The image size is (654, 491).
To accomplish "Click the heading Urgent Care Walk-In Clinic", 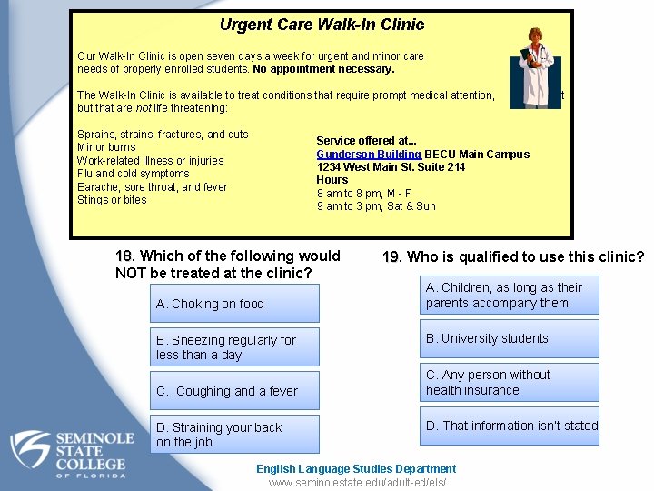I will [322, 25].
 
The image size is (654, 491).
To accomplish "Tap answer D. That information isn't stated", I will [512, 426].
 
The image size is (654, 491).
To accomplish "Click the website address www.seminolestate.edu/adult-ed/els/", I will [356, 482].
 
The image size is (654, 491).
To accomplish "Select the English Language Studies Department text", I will [356, 469].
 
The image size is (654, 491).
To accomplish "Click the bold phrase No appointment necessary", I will [323, 69].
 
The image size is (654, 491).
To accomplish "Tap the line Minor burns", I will [106, 147].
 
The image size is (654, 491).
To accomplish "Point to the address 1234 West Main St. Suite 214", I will [391, 167].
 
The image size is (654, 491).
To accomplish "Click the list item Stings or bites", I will [112, 200].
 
